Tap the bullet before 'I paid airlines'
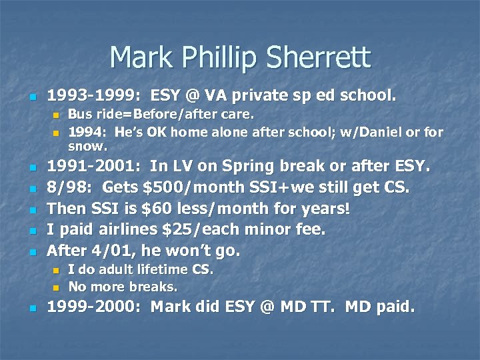tap(35, 231)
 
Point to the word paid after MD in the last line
tap(393, 308)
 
